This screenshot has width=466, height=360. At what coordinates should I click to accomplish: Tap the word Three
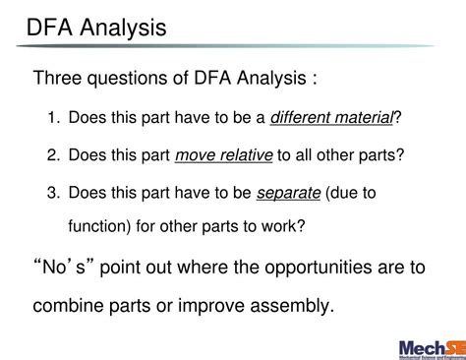pyautogui.click(x=60, y=78)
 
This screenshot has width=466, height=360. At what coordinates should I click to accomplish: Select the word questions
pyautogui.click(x=135, y=78)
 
